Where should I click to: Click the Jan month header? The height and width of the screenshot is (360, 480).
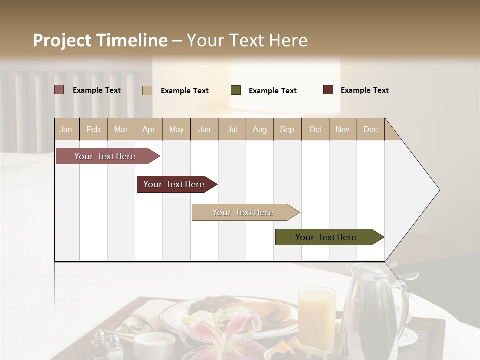66,129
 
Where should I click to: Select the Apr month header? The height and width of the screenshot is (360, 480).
148,129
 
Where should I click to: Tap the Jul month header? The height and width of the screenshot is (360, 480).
232,129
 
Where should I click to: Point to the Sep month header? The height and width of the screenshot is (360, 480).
287,129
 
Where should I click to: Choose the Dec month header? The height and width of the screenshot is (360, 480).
370,129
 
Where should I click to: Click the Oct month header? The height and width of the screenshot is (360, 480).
315,129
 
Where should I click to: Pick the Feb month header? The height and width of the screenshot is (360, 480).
93,129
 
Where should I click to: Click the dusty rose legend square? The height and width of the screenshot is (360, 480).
59,90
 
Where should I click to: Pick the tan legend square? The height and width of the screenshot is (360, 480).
147,90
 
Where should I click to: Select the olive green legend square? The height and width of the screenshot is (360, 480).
236,90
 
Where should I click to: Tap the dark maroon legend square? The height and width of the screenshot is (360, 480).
328,90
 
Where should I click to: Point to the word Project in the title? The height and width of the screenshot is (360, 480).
62,40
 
